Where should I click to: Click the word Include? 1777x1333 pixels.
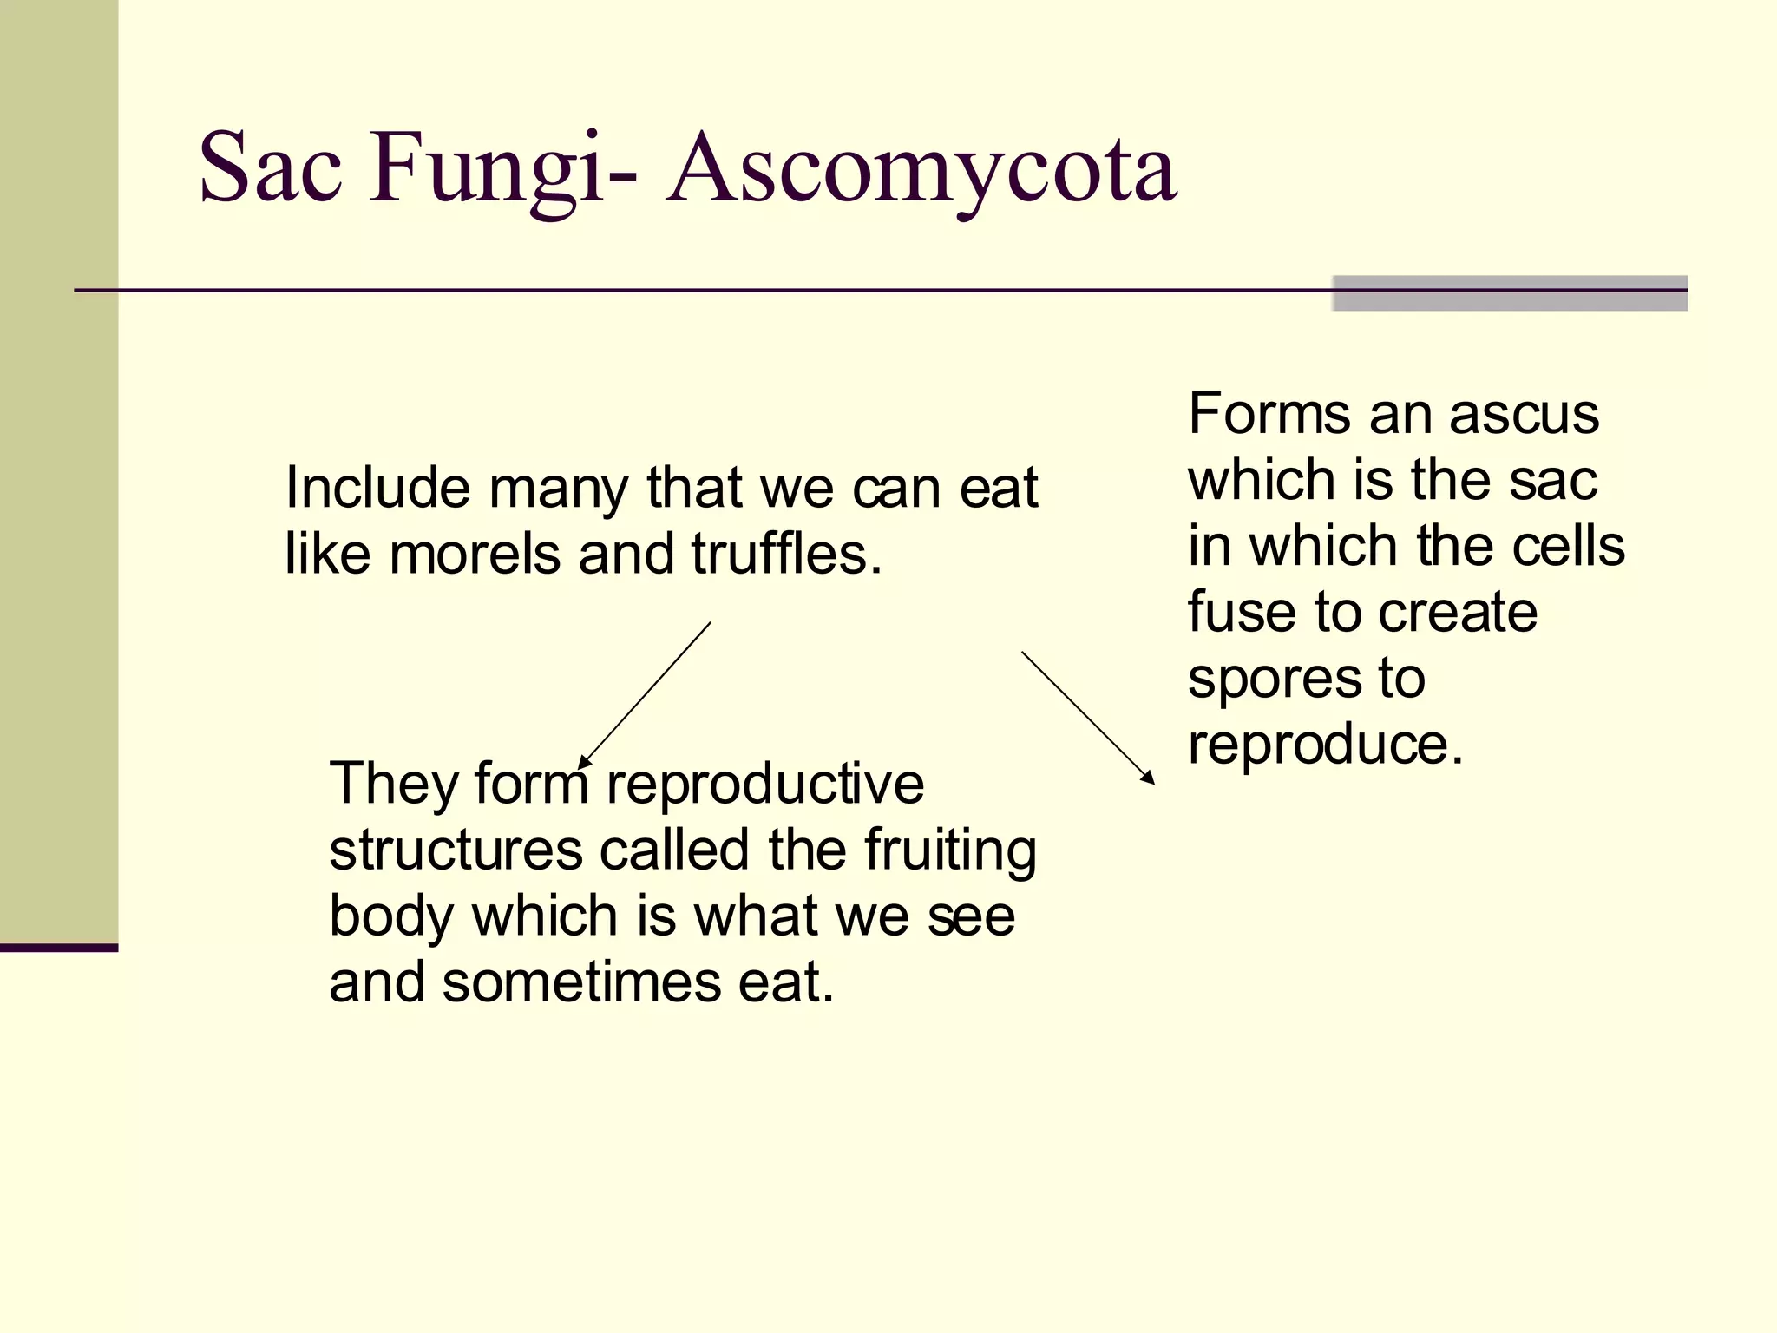click(x=377, y=488)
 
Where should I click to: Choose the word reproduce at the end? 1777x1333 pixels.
click(x=1325, y=745)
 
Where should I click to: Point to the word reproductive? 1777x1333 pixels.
click(x=764, y=783)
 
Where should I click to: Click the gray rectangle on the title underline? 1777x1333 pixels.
click(x=1509, y=293)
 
